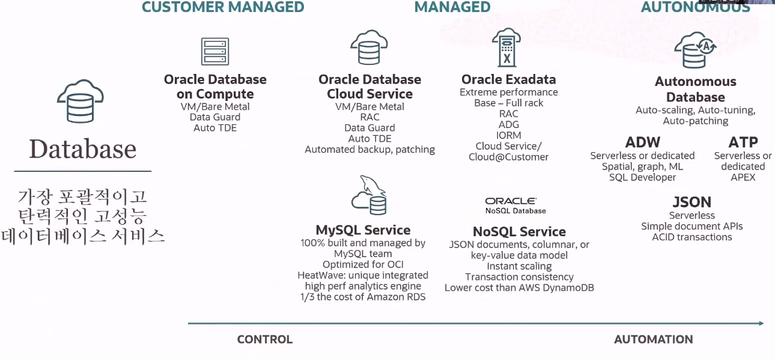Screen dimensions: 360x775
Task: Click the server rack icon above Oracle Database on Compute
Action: click(x=215, y=51)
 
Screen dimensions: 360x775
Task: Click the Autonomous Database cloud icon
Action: click(x=694, y=50)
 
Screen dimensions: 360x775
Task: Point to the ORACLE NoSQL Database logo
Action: click(x=515, y=206)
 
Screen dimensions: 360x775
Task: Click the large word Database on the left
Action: click(x=83, y=149)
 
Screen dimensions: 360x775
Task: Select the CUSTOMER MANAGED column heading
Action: click(x=223, y=7)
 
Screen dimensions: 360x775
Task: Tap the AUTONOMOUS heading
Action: click(x=695, y=7)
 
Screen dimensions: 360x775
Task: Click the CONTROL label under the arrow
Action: click(x=265, y=340)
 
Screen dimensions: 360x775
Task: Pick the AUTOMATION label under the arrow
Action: click(x=653, y=340)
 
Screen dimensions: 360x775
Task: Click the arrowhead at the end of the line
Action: click(x=761, y=323)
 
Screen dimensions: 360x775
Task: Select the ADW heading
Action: click(x=642, y=142)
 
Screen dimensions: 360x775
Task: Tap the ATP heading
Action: click(x=743, y=142)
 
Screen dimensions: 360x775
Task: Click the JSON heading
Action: click(x=691, y=202)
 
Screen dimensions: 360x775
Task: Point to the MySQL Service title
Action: click(x=363, y=230)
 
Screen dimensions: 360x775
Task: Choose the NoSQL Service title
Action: click(x=519, y=231)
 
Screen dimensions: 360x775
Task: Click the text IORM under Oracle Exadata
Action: click(x=509, y=135)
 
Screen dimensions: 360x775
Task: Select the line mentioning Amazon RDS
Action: click(x=363, y=297)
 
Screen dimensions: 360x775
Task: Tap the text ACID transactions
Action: click(x=692, y=237)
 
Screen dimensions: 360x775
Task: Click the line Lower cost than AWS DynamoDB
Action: click(x=519, y=287)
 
